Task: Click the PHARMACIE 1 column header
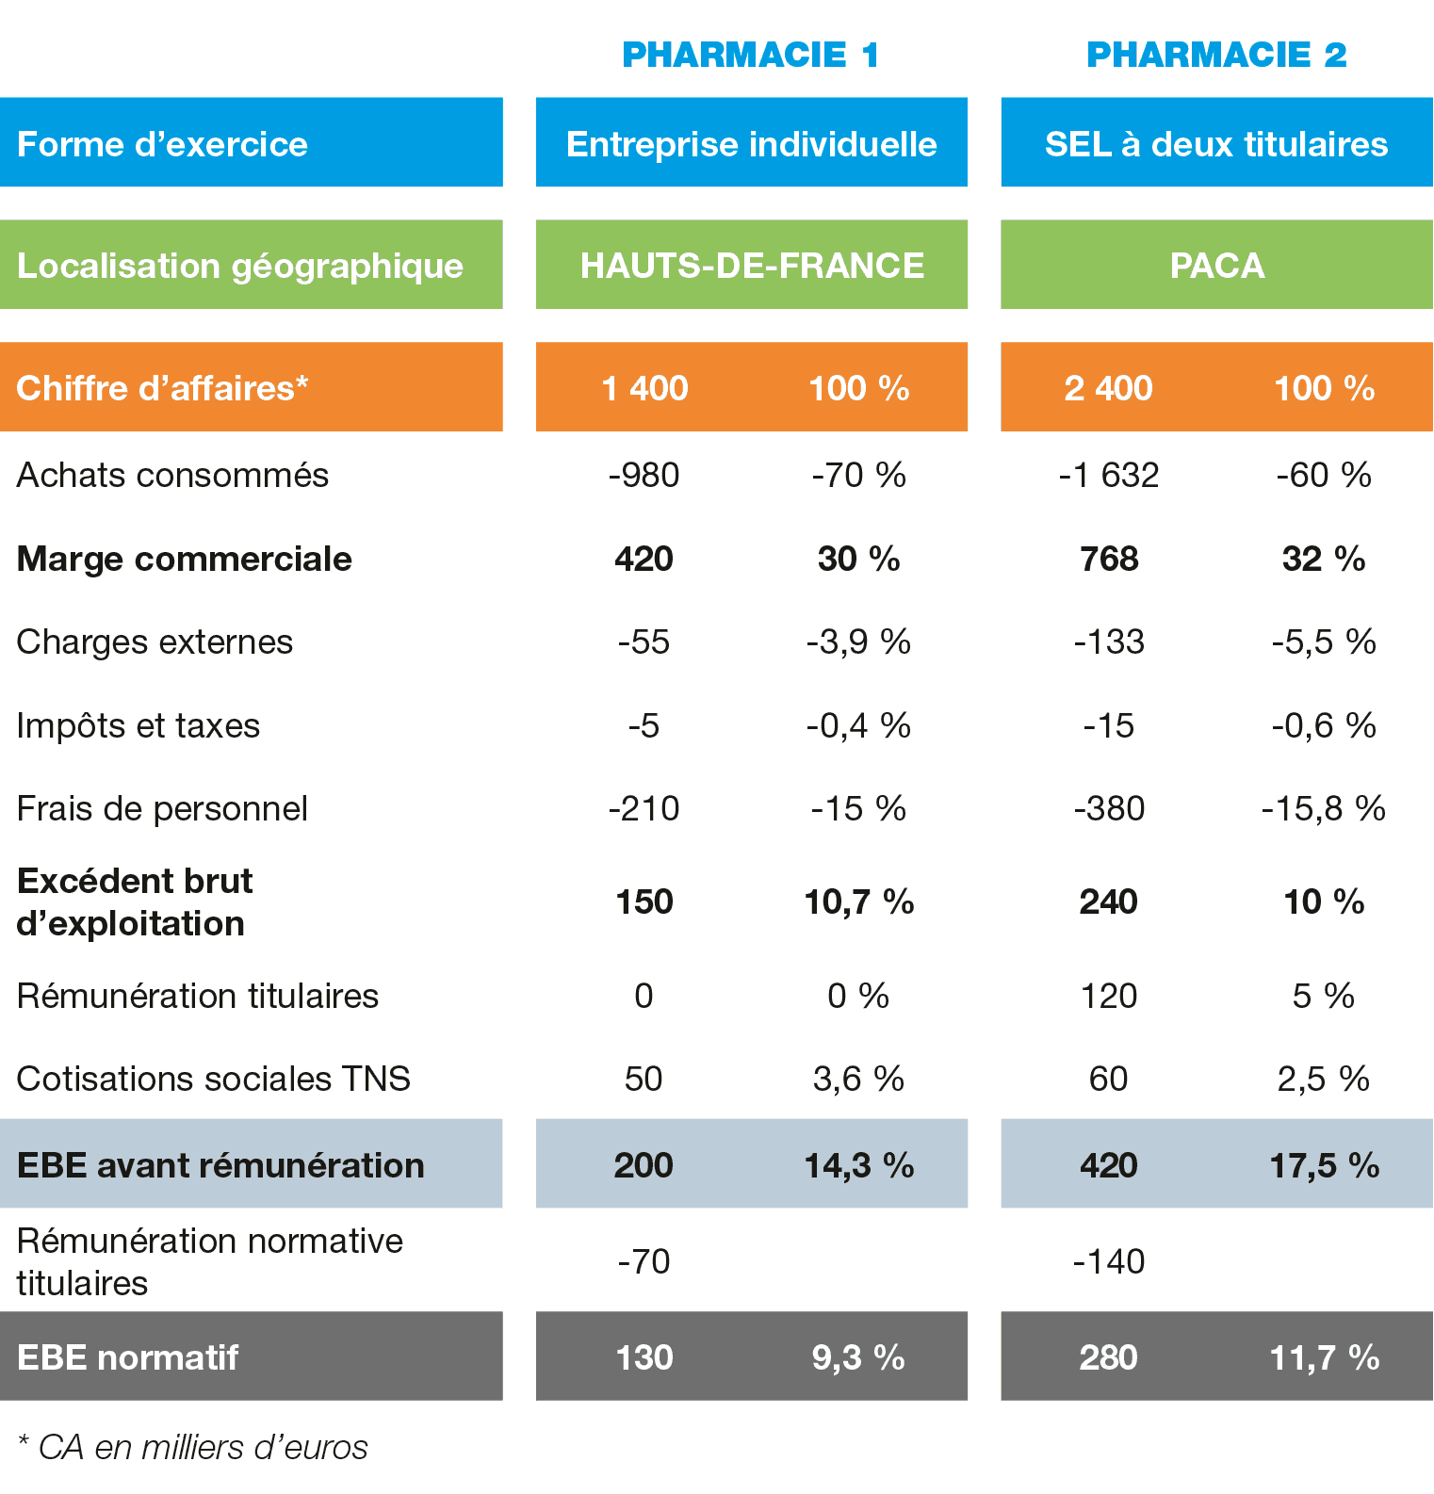point(751,55)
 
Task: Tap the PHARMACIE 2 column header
point(1216,55)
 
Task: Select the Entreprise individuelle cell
point(751,144)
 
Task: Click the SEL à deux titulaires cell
point(1216,144)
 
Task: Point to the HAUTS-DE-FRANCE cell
point(751,266)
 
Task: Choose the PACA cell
point(1216,266)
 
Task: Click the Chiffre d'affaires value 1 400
point(644,388)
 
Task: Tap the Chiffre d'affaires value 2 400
point(1108,388)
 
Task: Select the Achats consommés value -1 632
point(1108,475)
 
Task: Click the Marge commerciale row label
point(185,559)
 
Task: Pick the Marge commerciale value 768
point(1109,559)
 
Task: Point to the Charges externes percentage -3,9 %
point(858,642)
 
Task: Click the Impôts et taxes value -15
point(1108,725)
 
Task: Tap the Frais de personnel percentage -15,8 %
point(1323,808)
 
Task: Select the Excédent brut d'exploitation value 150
point(644,901)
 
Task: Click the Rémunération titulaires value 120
point(1108,996)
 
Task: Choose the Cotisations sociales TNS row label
point(214,1079)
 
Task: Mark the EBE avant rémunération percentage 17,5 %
point(1324,1165)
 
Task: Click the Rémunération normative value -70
point(644,1261)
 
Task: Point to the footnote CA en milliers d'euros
point(193,1447)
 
